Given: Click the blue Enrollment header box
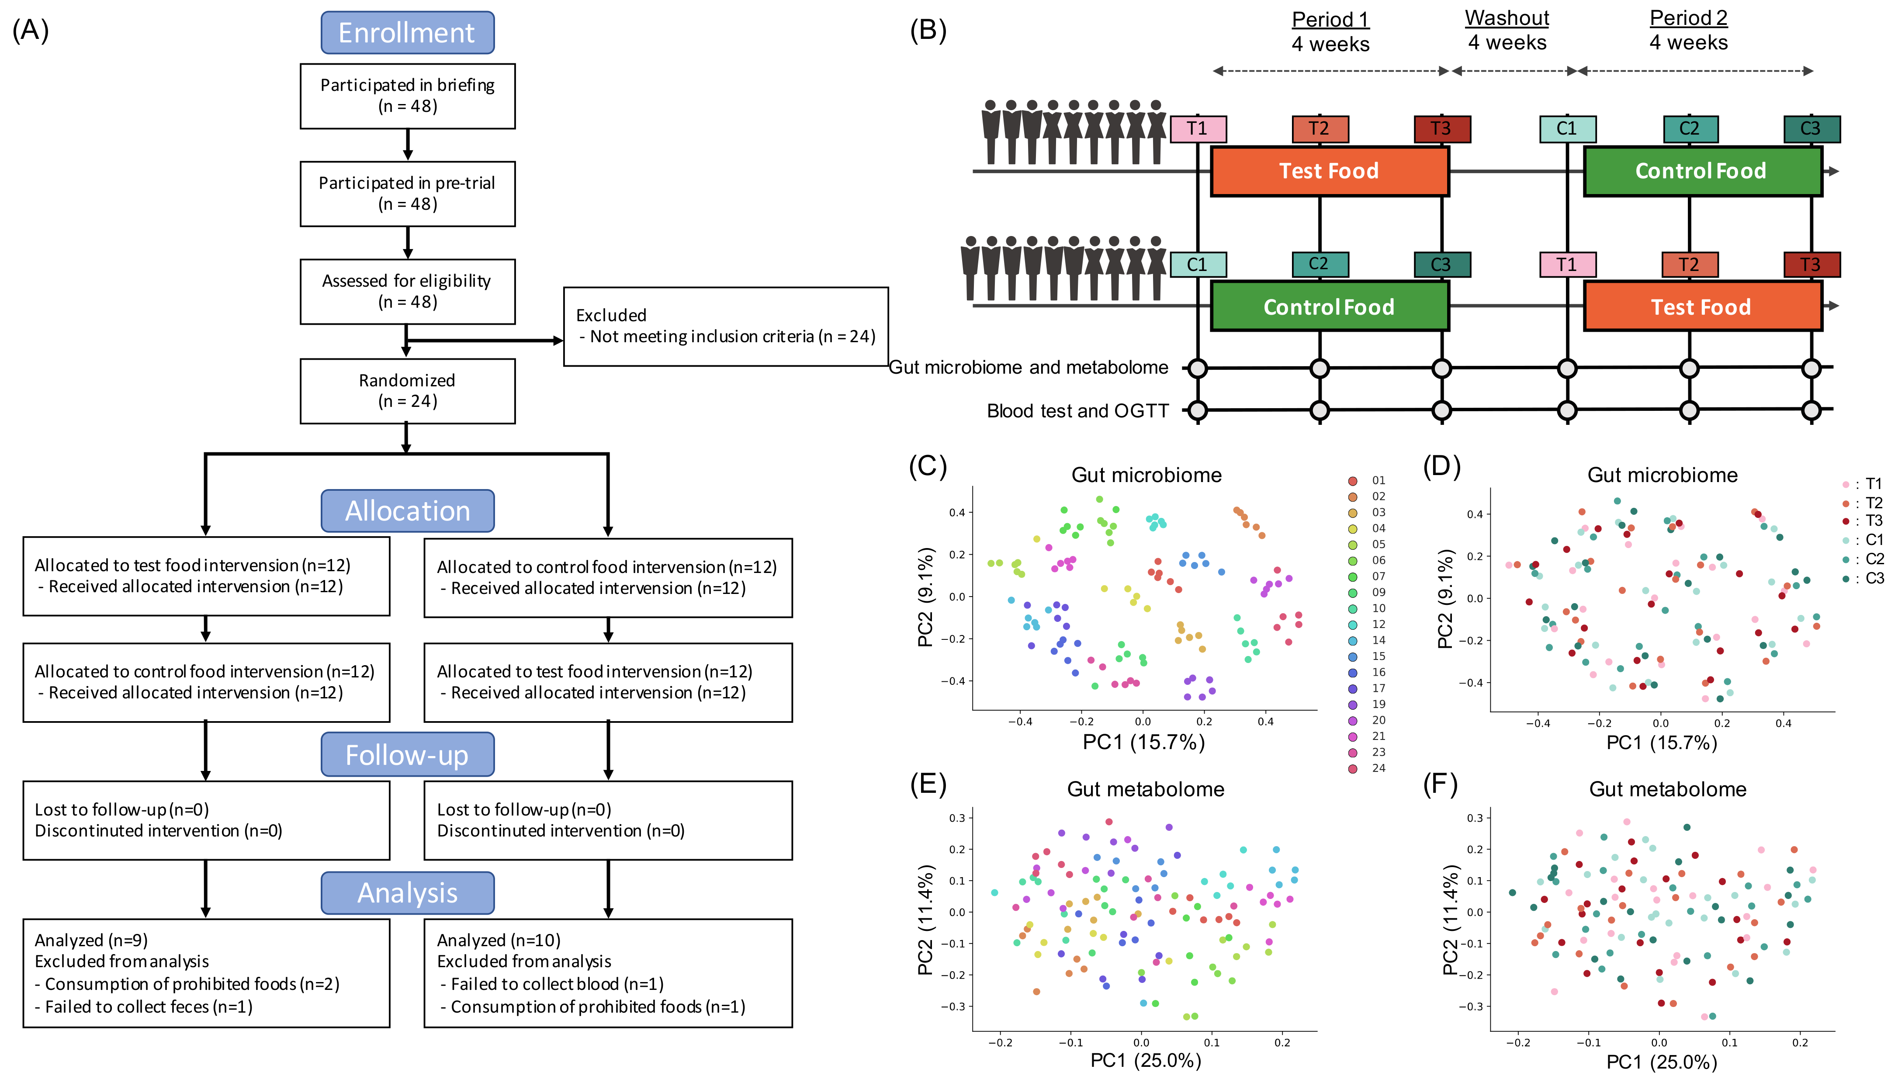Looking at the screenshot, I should coord(407,32).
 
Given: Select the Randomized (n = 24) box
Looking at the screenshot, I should coord(407,391).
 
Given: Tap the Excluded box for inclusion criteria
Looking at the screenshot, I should coord(725,326).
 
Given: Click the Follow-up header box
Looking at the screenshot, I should coord(407,754).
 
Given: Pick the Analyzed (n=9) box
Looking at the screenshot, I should coord(206,972).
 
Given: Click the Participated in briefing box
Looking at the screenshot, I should coord(407,95).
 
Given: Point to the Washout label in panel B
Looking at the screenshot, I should coord(1507,18).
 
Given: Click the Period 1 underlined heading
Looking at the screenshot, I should coord(1330,19).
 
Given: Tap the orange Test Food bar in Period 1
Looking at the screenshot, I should coord(1329,171).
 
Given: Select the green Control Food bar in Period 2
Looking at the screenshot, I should coord(1701,171).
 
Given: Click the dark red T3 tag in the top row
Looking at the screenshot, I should coord(1441,128).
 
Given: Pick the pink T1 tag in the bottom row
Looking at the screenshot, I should coord(1566,264).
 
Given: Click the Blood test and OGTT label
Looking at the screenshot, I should coord(1077,411).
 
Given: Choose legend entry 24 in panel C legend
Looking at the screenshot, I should coord(1377,768).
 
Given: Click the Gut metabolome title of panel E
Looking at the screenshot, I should coord(1145,789).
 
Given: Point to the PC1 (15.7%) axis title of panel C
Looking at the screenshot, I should coord(1144,742).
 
